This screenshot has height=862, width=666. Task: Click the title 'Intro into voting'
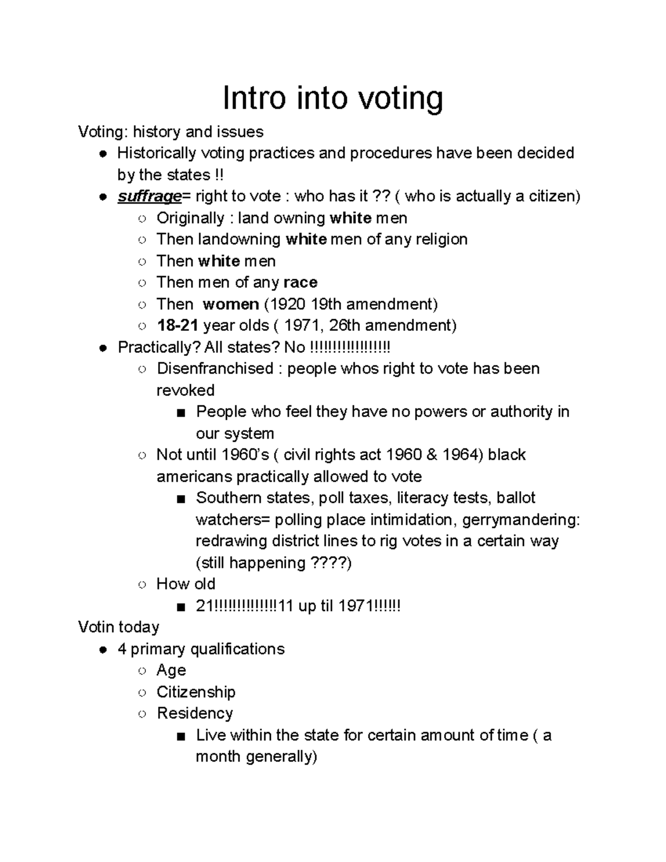[x=332, y=99]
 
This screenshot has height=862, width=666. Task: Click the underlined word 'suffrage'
[x=149, y=196]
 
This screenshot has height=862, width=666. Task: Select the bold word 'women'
[x=231, y=304]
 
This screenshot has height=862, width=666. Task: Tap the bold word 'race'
[x=300, y=283]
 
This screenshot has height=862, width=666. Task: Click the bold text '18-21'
[x=178, y=325]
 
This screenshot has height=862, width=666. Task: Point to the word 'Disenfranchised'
[x=215, y=369]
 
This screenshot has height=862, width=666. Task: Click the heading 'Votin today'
[x=119, y=627]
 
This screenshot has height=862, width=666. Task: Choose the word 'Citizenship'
[x=196, y=692]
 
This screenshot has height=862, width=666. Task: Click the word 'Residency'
[x=195, y=713]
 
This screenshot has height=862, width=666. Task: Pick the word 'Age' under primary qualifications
[x=171, y=671]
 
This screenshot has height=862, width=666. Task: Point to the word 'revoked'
[x=185, y=390]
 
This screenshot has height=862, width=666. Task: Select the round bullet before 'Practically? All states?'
[x=103, y=348]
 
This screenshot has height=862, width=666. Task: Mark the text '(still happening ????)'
[x=274, y=563]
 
